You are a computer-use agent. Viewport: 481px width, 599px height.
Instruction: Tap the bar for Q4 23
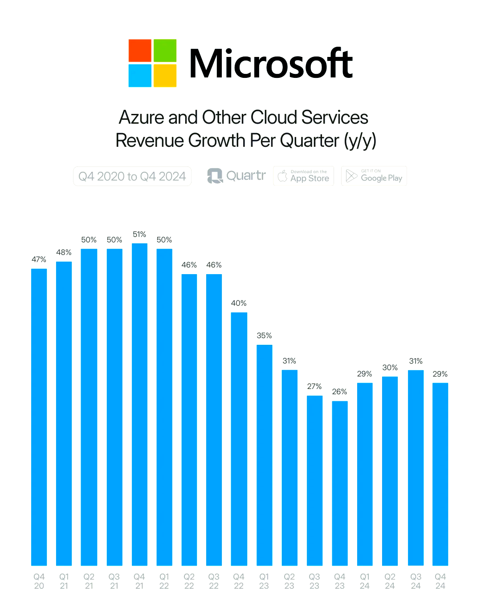339,483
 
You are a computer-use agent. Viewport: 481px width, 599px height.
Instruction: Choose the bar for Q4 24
440,474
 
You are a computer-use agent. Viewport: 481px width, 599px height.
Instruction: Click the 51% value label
139,235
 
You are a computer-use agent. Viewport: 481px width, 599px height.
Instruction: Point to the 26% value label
339,392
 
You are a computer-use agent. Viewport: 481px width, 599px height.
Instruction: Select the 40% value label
239,303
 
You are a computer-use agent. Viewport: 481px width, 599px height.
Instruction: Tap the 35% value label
264,336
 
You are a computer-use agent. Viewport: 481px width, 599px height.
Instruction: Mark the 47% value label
39,259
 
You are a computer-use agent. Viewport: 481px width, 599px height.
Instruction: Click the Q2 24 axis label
390,581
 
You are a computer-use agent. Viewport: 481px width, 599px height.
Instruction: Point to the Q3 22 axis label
214,581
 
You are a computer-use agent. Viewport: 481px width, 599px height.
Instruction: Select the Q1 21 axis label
64,581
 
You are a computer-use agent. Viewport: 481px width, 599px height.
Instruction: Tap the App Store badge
304,176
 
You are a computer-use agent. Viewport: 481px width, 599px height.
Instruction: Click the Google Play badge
374,176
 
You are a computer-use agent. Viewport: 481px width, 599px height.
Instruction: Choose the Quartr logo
236,176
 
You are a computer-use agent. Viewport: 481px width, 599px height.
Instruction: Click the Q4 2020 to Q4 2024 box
132,176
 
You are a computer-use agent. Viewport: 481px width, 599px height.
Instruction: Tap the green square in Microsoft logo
165,51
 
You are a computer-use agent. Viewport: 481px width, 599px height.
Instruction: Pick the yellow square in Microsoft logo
165,76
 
